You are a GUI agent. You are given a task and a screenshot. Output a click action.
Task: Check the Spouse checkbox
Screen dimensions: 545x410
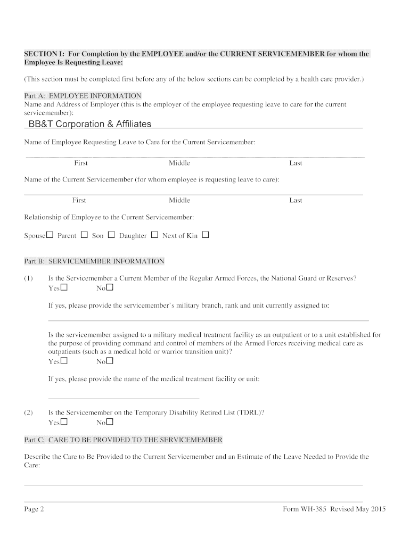point(50,235)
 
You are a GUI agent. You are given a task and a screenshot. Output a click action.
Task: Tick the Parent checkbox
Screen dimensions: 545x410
point(84,235)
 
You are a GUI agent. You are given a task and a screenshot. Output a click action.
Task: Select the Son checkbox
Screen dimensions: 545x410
point(111,235)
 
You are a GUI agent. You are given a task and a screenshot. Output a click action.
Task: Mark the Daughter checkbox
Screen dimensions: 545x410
point(154,235)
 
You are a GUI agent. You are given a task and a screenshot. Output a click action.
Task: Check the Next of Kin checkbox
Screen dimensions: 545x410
point(206,235)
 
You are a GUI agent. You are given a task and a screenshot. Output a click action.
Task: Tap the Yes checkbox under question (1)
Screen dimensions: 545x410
point(64,288)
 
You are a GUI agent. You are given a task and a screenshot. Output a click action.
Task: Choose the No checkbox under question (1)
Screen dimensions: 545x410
point(110,288)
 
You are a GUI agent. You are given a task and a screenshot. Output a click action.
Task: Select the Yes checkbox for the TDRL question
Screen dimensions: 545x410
point(64,423)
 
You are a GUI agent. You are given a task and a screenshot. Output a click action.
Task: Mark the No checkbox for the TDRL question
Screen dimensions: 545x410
point(110,423)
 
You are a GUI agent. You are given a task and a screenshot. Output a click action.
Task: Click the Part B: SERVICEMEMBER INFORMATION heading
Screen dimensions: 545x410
point(94,261)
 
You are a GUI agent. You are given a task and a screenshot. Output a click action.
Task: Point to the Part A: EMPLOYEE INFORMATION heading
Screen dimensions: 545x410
point(83,96)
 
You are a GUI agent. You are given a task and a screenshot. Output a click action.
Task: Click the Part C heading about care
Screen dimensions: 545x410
point(123,440)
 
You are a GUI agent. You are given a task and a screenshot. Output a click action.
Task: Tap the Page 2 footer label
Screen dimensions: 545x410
point(34,509)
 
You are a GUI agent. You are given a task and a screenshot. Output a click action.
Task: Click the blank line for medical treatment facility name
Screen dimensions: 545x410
point(124,398)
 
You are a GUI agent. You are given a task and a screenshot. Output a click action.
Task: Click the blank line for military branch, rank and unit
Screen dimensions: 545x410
point(208,320)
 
